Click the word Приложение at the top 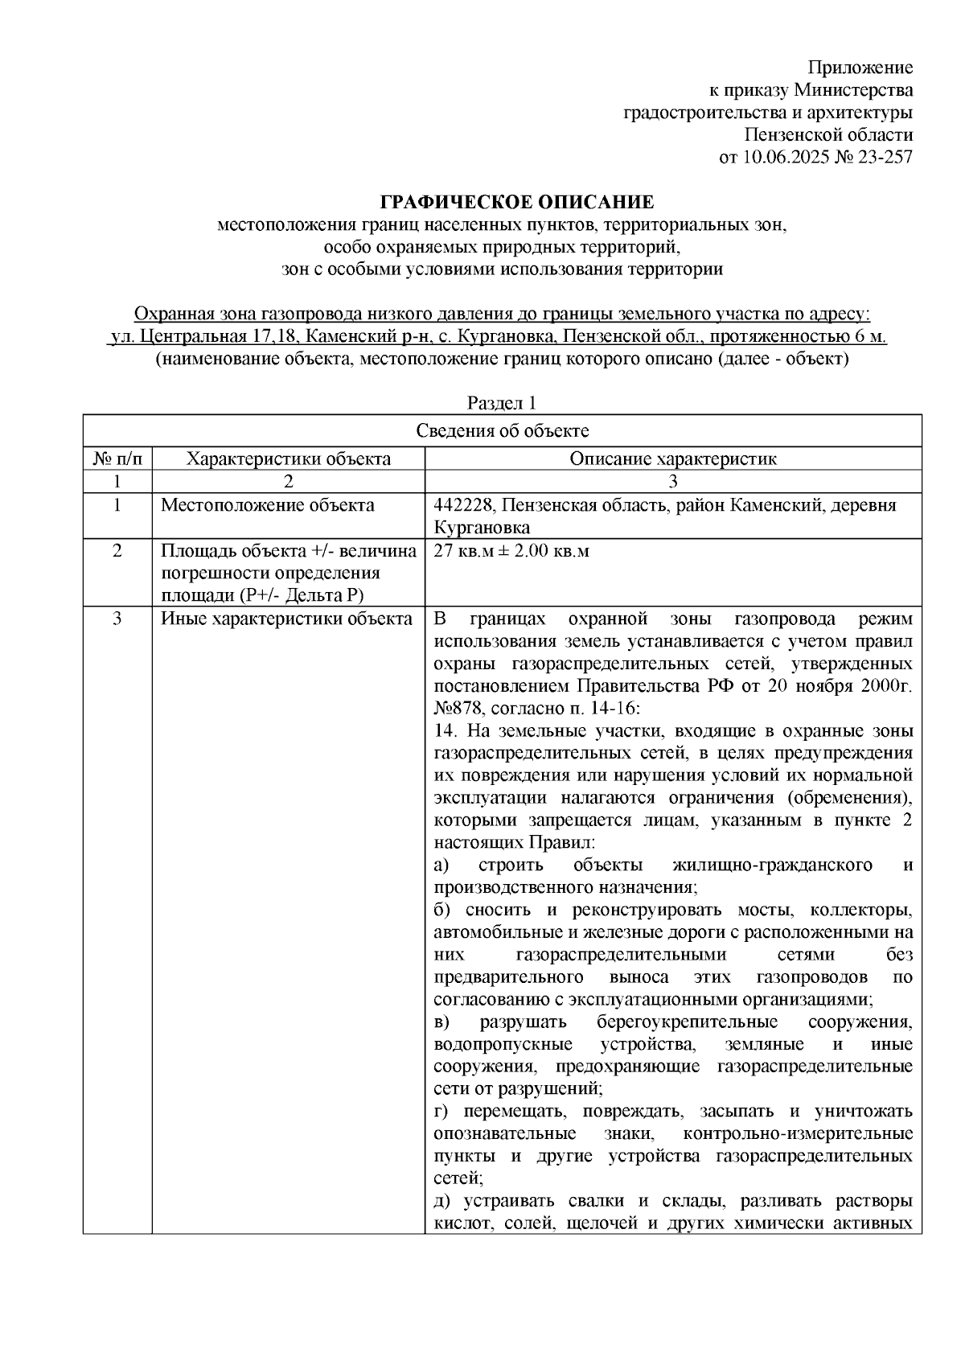tap(860, 67)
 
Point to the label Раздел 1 tap(502, 402)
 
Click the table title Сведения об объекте tap(502, 431)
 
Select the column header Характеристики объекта tap(289, 459)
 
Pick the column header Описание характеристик tap(673, 459)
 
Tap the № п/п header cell tap(117, 459)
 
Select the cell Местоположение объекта tap(268, 506)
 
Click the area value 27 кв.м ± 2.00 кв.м tap(511, 552)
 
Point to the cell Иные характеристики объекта tap(286, 619)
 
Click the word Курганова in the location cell tap(482, 528)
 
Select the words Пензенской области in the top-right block tap(828, 134)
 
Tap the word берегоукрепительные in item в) tap(687, 1022)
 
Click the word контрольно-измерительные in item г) tap(797, 1134)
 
